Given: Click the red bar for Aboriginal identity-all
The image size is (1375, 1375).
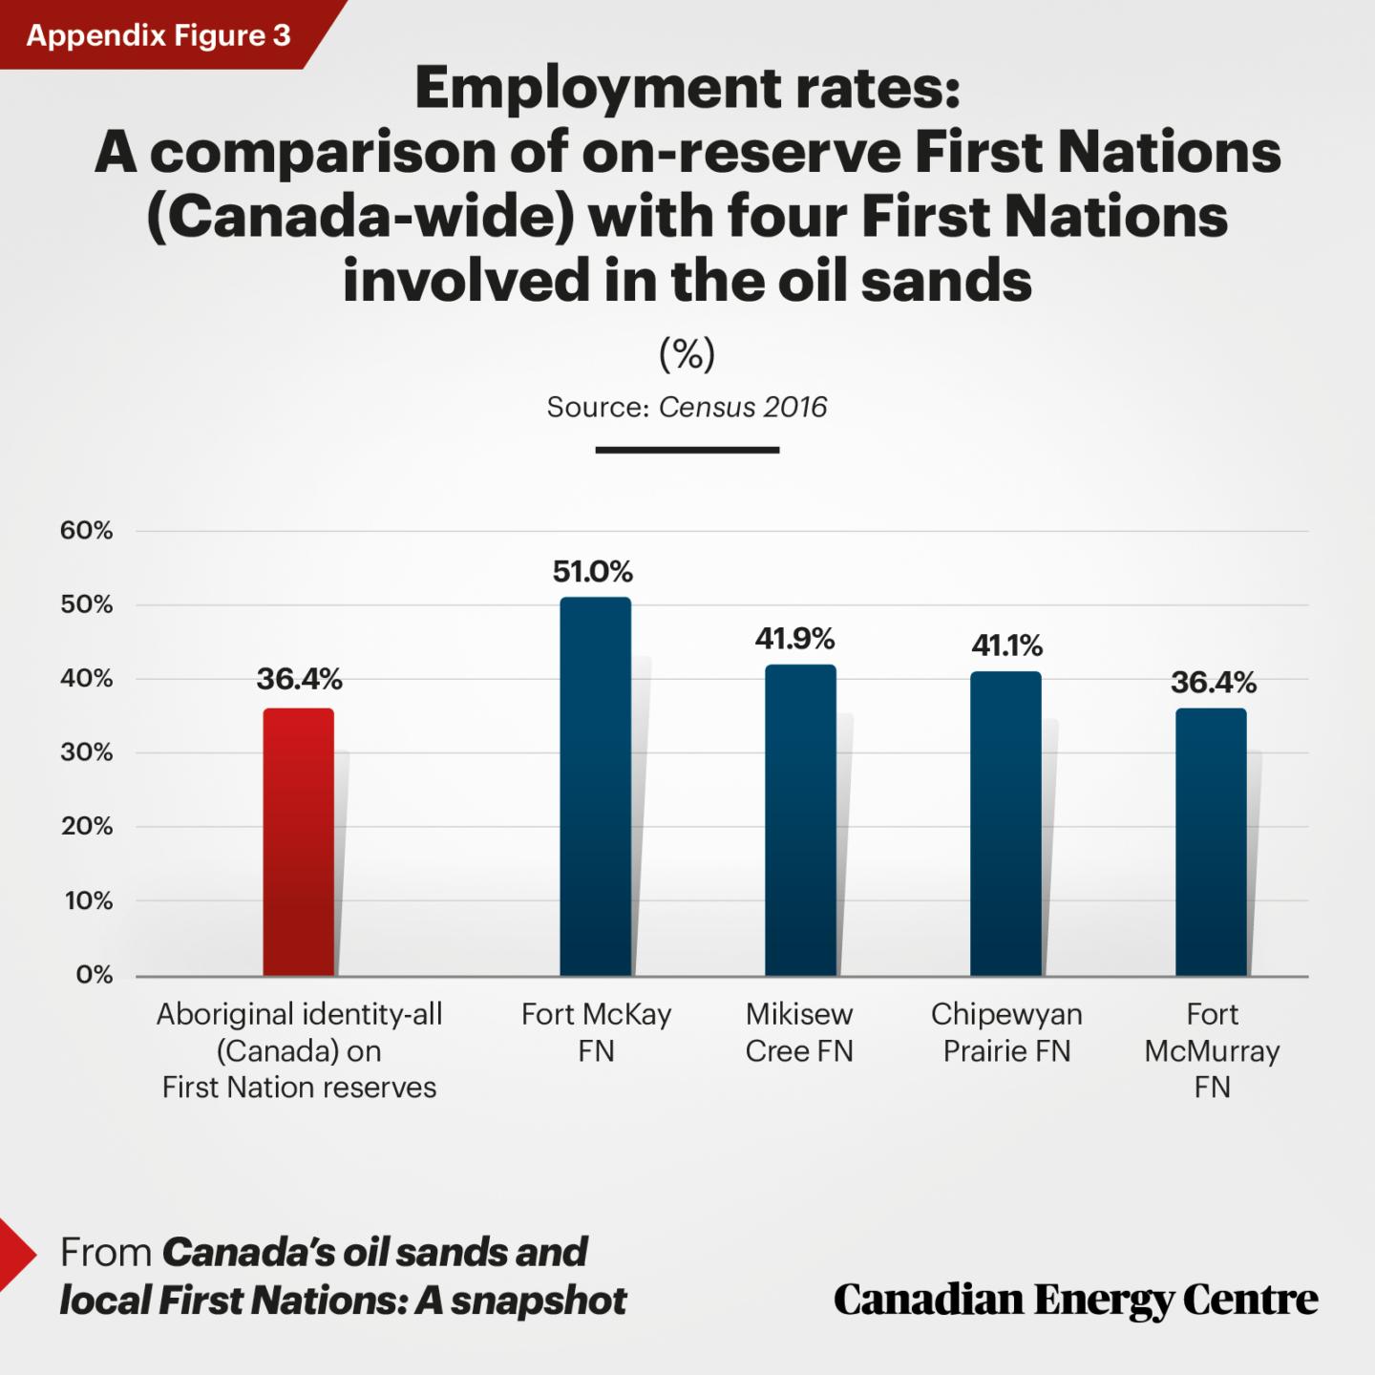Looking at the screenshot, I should [x=299, y=841].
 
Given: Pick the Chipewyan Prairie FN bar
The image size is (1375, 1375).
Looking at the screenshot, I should [x=1005, y=823].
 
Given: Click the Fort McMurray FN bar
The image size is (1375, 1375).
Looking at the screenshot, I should [x=1211, y=841].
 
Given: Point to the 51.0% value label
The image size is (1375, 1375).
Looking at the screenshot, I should [x=593, y=572].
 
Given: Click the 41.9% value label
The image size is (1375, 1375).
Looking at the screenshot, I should [x=794, y=639].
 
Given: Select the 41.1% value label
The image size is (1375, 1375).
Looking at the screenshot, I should [x=1006, y=646].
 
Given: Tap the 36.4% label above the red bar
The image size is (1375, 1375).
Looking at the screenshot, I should [x=299, y=679].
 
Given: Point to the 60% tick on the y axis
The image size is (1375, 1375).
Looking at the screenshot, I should [x=87, y=531].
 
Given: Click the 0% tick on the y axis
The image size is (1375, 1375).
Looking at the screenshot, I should [x=94, y=975].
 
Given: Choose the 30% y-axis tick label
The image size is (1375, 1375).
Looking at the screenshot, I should [x=87, y=752].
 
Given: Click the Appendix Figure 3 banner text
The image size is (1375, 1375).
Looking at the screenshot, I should [x=159, y=35].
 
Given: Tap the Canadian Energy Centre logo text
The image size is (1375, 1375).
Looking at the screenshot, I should [x=1075, y=1300].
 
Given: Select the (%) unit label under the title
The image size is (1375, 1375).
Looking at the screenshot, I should [x=687, y=354].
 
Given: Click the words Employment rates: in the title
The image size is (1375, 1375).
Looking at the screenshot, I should [x=687, y=88].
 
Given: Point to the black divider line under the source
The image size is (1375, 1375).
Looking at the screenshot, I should [x=687, y=450].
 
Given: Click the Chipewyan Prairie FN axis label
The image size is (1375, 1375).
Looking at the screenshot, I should [x=1006, y=1032].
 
